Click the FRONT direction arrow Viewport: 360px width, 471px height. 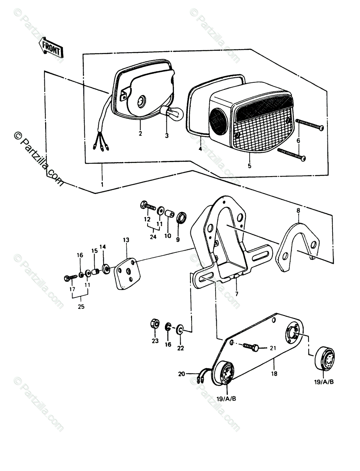pos(51,49)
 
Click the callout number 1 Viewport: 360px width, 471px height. pos(102,184)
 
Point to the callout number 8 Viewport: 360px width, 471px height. pos(298,211)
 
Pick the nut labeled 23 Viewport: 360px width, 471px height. pos(155,324)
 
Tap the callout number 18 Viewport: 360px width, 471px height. pos(274,373)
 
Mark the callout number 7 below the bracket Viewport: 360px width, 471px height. pos(236,294)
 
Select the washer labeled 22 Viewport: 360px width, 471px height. pos(180,329)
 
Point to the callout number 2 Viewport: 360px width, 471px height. pos(140,133)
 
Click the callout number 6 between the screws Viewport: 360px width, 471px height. pos(298,140)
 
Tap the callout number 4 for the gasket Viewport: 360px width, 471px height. pos(200,150)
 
